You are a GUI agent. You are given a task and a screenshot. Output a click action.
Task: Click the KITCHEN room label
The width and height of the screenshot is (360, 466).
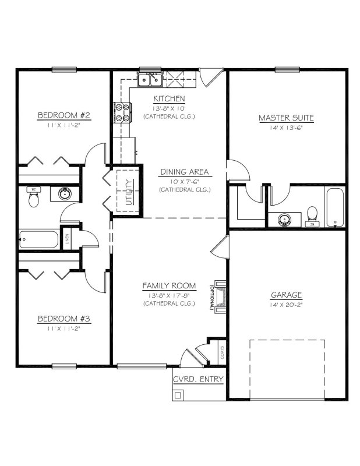click(169, 98)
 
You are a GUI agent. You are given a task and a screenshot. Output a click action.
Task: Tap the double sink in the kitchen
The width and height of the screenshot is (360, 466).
click(150, 79)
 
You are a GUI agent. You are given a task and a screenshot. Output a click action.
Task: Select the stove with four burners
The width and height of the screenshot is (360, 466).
click(122, 112)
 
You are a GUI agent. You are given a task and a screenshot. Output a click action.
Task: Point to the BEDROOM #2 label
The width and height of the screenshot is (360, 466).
click(63, 115)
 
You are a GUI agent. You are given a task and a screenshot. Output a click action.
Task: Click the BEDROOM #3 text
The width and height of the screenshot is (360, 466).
click(63, 319)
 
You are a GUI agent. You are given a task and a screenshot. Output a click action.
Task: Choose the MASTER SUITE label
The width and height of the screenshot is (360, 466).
click(286, 118)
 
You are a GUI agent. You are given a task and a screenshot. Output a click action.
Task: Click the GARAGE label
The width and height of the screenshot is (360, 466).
click(286, 295)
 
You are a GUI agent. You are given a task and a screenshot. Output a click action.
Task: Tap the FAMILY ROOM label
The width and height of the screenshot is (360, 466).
click(169, 285)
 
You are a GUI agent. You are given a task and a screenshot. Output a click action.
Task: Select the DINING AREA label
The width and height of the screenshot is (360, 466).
click(184, 172)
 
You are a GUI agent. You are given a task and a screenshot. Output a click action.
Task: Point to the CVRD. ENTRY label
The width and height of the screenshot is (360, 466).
click(199, 379)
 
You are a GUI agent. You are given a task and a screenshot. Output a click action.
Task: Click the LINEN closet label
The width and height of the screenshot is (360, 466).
click(68, 239)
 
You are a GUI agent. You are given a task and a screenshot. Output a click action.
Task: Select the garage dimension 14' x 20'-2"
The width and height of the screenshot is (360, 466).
click(286, 305)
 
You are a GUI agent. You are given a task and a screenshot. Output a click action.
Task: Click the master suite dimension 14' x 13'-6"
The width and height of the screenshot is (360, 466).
click(286, 127)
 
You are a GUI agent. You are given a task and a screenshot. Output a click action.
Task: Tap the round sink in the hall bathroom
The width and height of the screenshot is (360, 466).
click(65, 193)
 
